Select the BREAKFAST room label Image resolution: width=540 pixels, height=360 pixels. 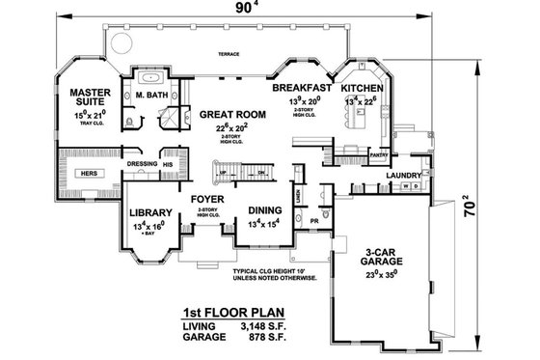[x=302, y=88]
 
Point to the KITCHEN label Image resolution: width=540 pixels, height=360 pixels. [x=361, y=88]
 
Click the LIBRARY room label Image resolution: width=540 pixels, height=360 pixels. [x=149, y=212]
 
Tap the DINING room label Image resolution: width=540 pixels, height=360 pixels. [x=264, y=210]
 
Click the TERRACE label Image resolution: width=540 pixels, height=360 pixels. [x=228, y=56]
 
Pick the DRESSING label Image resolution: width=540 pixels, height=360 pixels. [x=141, y=164]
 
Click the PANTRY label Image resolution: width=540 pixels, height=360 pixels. [x=378, y=153]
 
